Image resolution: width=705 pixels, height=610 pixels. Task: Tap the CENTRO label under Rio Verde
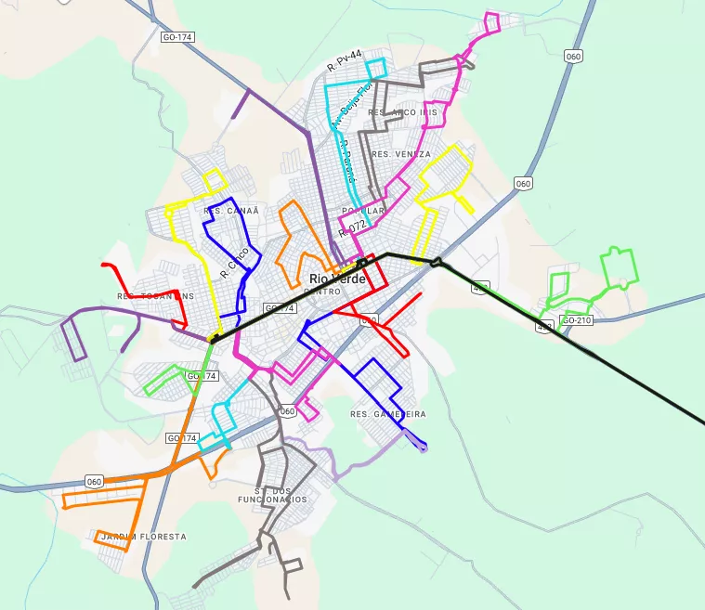[322, 292]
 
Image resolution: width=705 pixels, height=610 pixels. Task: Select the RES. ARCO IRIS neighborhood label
[402, 112]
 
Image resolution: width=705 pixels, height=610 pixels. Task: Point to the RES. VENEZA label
[400, 154]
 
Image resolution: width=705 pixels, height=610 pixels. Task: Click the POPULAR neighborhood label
[363, 211]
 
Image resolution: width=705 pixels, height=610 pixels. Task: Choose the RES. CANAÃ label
[230, 211]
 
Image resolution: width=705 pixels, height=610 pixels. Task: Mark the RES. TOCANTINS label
[155, 296]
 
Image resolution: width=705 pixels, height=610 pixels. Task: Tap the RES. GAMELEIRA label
[388, 413]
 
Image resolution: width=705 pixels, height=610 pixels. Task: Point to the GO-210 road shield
[577, 320]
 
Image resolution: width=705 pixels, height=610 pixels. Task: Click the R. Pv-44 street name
[344, 64]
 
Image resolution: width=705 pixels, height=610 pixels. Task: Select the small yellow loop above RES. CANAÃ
[215, 180]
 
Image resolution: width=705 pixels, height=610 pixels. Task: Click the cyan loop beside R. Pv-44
[375, 69]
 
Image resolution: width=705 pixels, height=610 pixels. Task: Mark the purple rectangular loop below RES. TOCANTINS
[73, 338]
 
